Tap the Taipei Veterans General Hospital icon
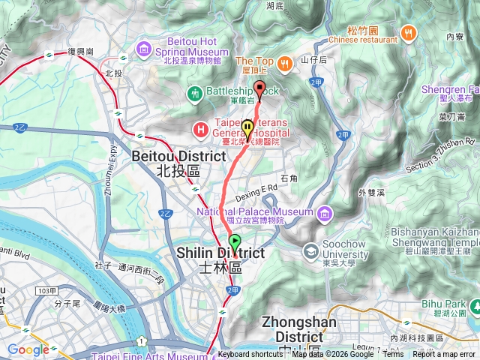point(201,130)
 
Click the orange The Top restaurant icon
point(285,62)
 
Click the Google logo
point(28,349)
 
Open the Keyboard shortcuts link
point(250,354)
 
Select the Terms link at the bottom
point(393,354)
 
